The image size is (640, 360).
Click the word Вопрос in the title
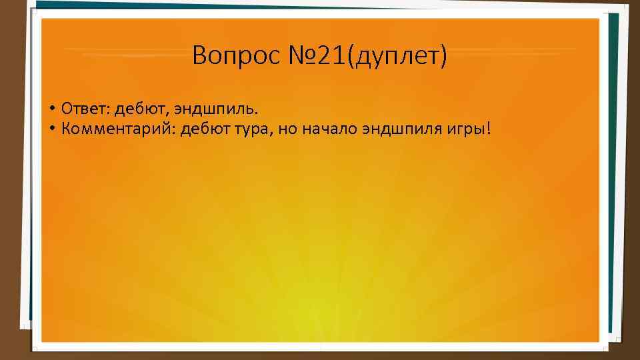pos(228,55)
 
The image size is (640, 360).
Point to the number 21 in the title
pos(330,55)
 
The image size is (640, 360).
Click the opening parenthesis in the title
pos(352,57)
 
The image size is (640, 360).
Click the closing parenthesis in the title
pos(443,57)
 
